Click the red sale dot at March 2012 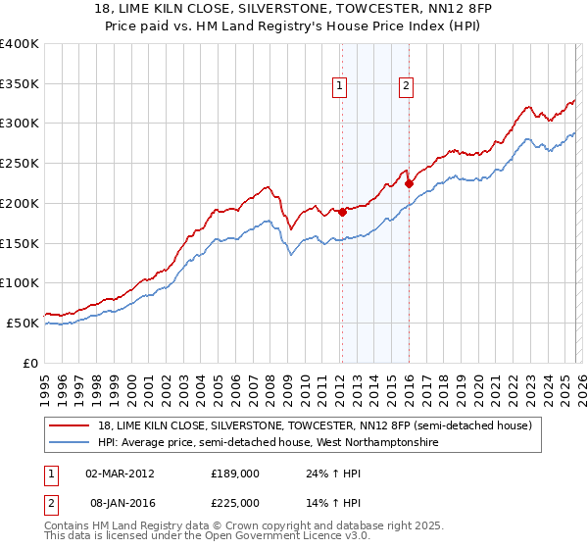[x=342, y=212]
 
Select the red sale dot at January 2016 [x=409, y=182]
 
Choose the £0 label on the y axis [x=31, y=363]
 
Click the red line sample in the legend [x=71, y=426]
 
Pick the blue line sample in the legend [x=71, y=443]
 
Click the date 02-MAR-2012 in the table [x=120, y=474]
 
